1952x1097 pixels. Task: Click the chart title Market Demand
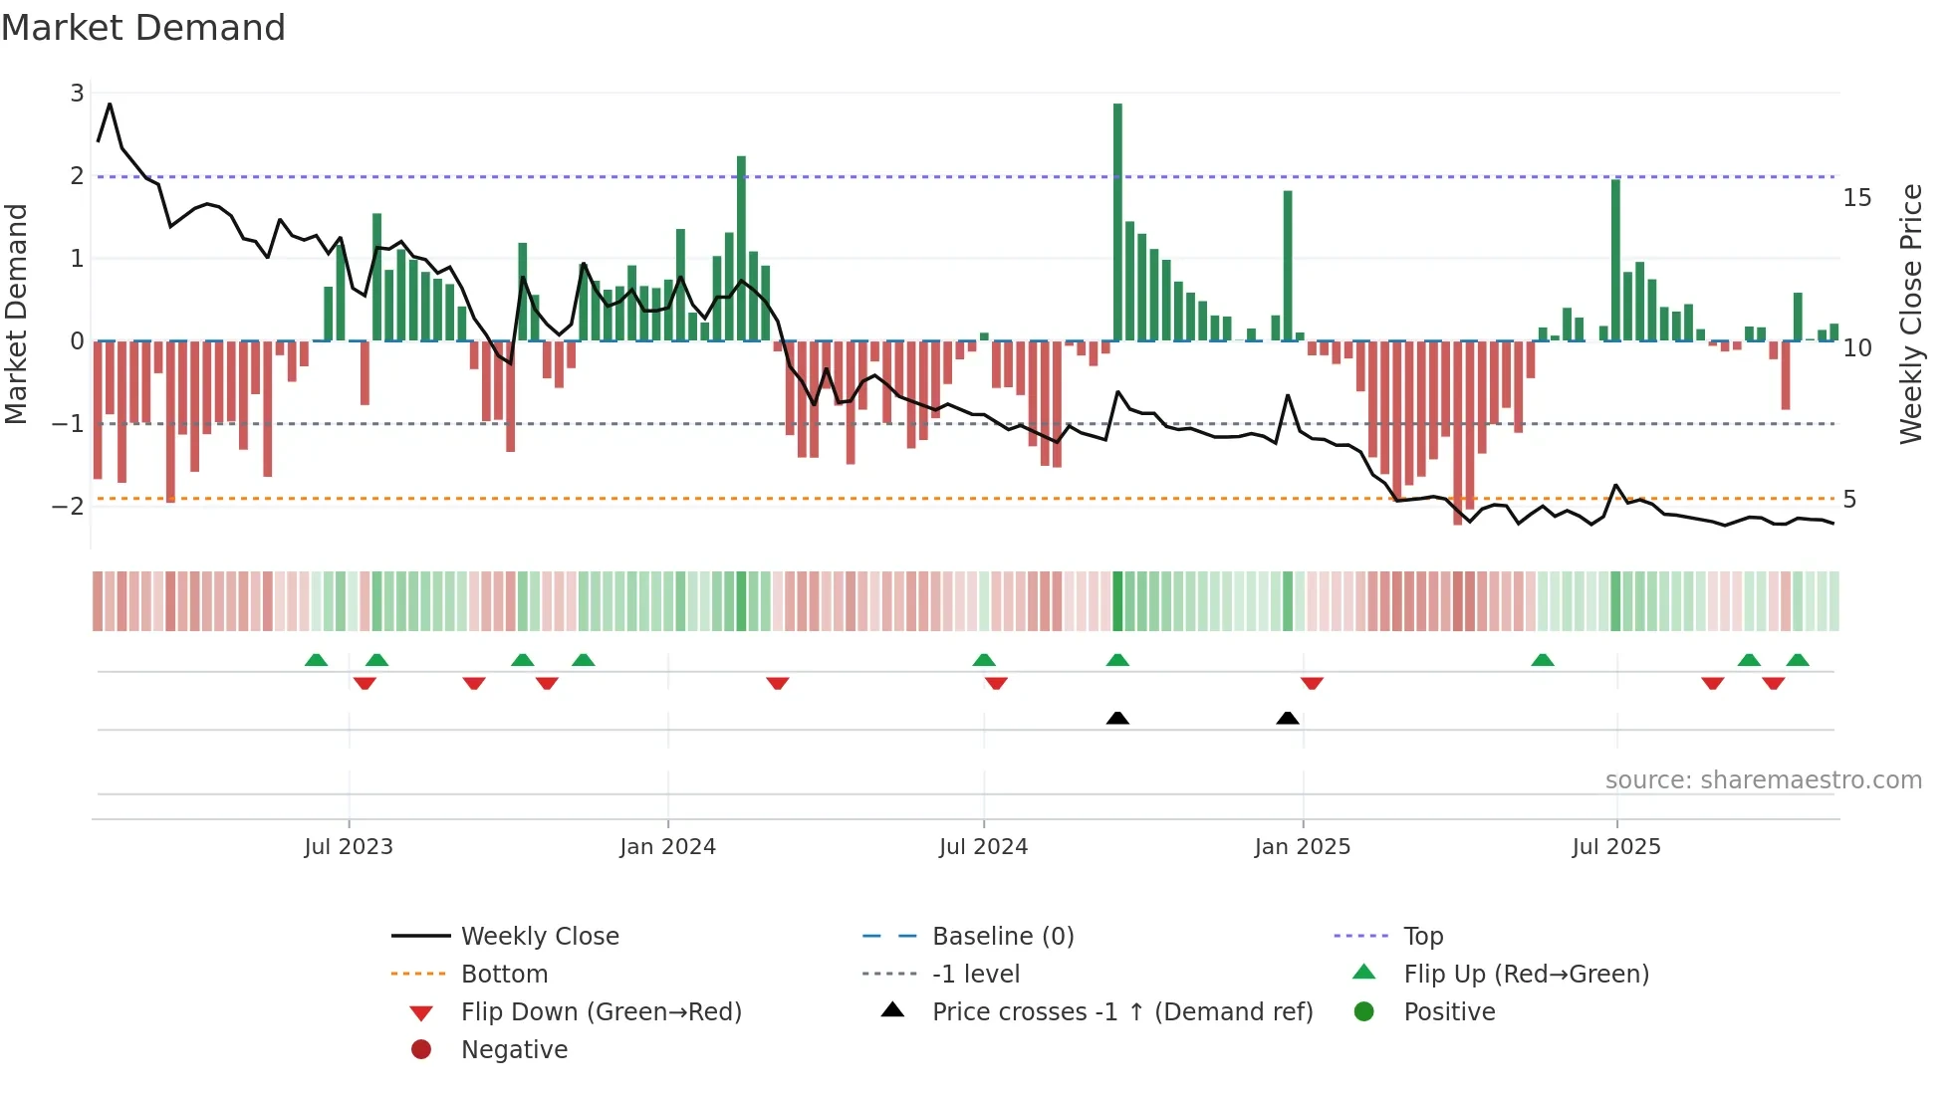pyautogui.click(x=143, y=28)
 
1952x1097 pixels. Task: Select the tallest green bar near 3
pyautogui.click(x=1117, y=221)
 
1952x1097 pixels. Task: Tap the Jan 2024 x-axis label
pyautogui.click(x=667, y=847)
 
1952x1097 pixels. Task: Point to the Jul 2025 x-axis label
pyautogui.click(x=1616, y=847)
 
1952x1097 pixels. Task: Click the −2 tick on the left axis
pyautogui.click(x=68, y=506)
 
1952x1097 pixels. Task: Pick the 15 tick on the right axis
pyautogui.click(x=1856, y=198)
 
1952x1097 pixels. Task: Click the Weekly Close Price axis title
pyautogui.click(x=1910, y=314)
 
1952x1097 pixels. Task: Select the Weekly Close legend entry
pyautogui.click(x=539, y=937)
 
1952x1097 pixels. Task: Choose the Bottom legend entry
pyautogui.click(x=504, y=975)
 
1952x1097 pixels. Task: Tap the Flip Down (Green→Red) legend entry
pyautogui.click(x=601, y=1012)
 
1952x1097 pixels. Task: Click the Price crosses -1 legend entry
pyautogui.click(x=1121, y=1012)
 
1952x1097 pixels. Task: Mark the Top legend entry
pyautogui.click(x=1423, y=937)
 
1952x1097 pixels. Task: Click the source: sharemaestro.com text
pyautogui.click(x=1763, y=780)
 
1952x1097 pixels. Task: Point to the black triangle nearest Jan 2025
pyautogui.click(x=1288, y=719)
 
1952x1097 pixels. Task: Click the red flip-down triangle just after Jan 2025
pyautogui.click(x=1312, y=683)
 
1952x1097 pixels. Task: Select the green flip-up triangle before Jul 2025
pyautogui.click(x=1543, y=660)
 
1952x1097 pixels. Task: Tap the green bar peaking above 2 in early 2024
pyautogui.click(x=741, y=249)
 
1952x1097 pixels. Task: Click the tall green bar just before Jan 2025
pyautogui.click(x=1288, y=265)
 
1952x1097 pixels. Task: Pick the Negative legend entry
pyautogui.click(x=514, y=1050)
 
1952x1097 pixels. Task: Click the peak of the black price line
pyautogui.click(x=110, y=104)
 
